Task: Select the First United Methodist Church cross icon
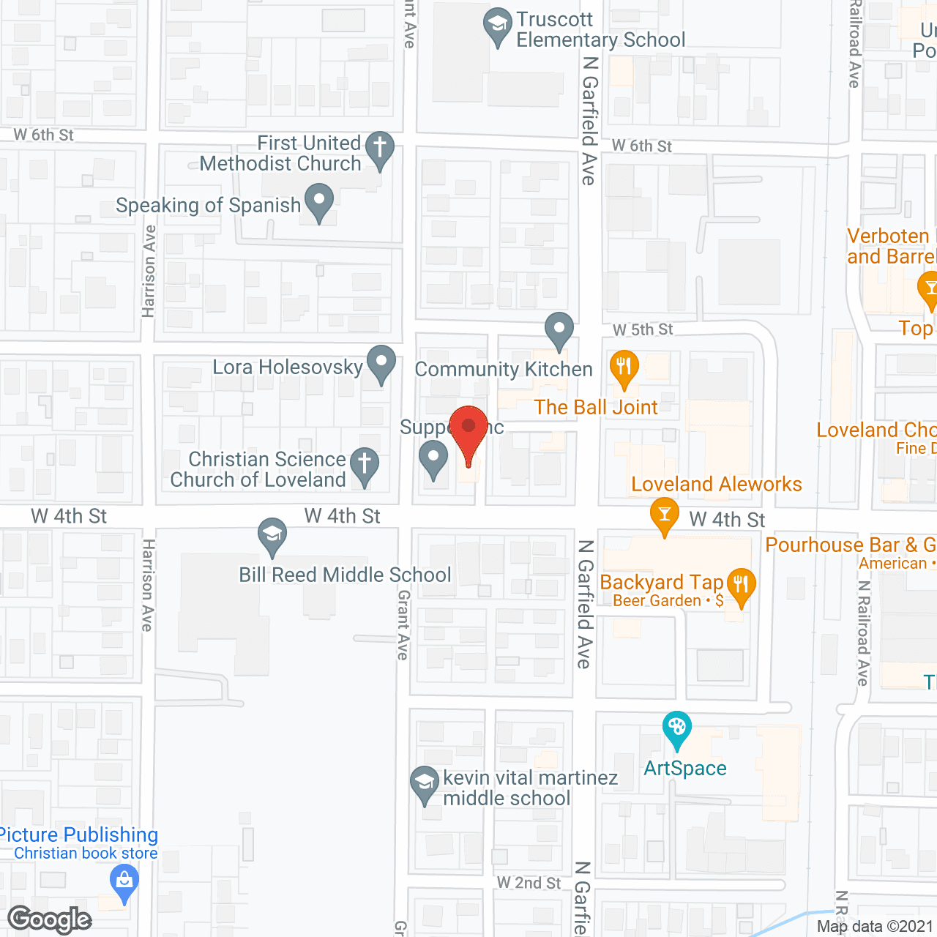coord(380,149)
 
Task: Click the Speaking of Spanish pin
coord(319,201)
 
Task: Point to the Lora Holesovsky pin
coord(381,362)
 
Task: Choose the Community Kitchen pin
coord(559,329)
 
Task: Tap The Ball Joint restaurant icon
coord(624,367)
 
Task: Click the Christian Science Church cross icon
coord(365,465)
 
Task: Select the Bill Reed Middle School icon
coord(272,535)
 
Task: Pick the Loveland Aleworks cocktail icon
coord(665,514)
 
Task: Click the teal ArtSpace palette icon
coord(677,728)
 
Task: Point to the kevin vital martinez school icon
coord(425,784)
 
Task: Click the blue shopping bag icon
coord(124,881)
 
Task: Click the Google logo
coord(50,919)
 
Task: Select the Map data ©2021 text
coord(875,927)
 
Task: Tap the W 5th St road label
coord(643,330)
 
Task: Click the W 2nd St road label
coord(529,884)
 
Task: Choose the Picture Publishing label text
coord(78,835)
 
